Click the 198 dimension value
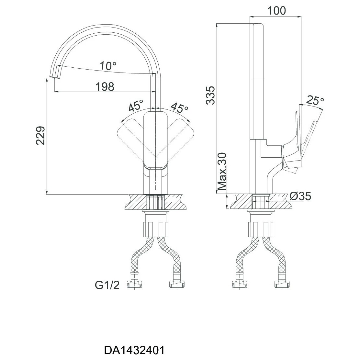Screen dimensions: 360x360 tap(105, 87)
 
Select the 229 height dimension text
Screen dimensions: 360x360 tap(41, 135)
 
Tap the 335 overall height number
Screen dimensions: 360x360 tap(210, 95)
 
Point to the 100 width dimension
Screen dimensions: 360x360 tap(277, 11)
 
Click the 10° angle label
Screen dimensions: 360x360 tap(108, 66)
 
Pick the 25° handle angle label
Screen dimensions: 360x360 tap(315, 100)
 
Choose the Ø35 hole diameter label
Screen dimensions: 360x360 tap(300, 196)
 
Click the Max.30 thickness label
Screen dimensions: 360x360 tap(222, 171)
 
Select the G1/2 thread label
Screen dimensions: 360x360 tap(107, 285)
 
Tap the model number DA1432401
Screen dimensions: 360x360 tap(135, 350)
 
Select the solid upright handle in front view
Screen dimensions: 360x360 tap(156, 141)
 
